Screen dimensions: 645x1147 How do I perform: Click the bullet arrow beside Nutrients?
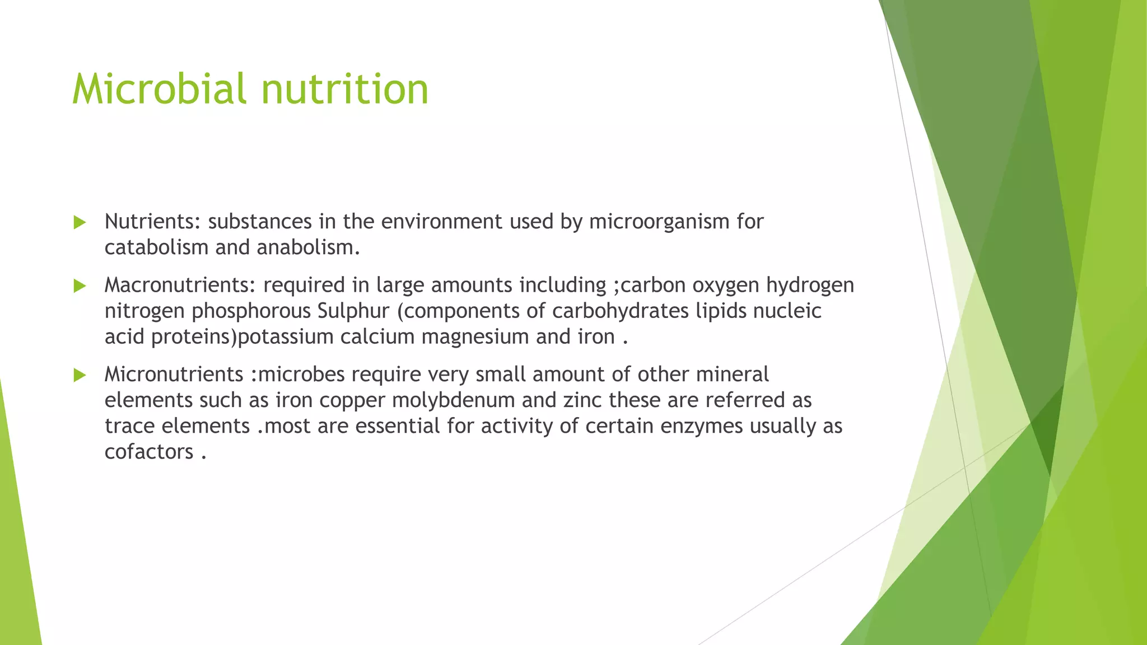[80, 222]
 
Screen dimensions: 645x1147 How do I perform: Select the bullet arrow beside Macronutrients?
[80, 286]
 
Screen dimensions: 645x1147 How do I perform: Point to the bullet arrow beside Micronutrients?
[80, 375]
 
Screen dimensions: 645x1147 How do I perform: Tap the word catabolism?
[156, 247]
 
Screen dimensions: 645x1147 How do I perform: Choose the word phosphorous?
[251, 311]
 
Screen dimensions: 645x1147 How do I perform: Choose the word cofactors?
[149, 452]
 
